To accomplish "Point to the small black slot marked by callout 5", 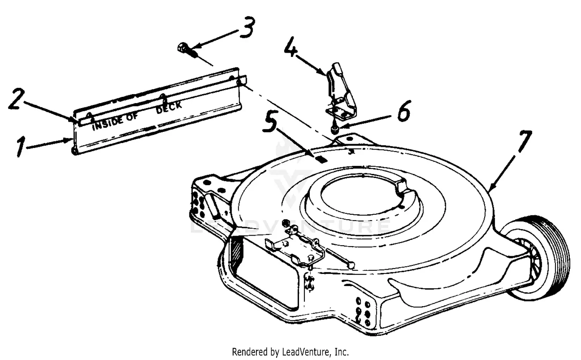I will (x=321, y=159).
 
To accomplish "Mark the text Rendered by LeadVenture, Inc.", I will (x=290, y=352).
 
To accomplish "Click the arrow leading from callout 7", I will (x=504, y=171).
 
